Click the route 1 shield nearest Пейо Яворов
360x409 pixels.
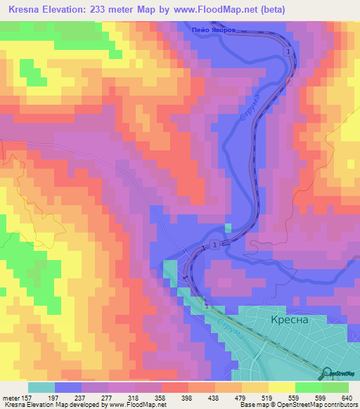[288, 52]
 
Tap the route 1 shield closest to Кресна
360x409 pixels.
[208, 306]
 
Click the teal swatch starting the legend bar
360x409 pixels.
[41, 387]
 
